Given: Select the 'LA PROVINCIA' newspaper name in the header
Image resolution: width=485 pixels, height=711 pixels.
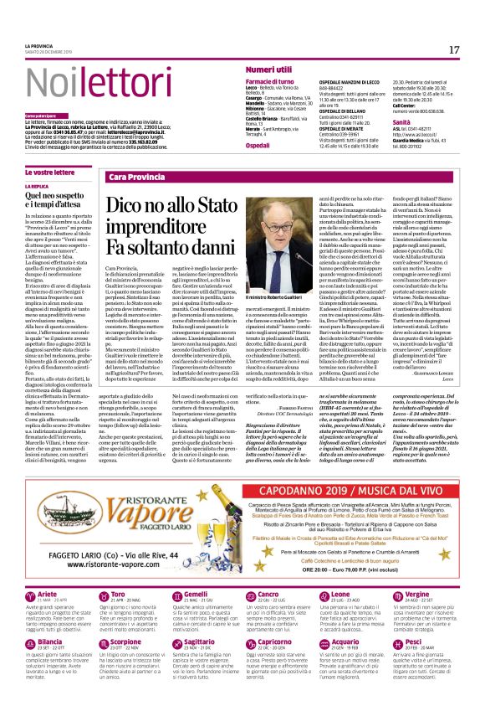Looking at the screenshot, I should [37, 46].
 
